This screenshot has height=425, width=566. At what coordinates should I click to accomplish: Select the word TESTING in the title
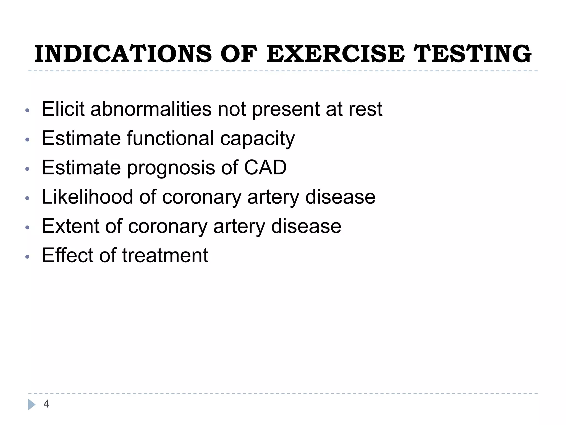(473, 54)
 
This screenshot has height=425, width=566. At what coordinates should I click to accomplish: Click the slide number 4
(46, 404)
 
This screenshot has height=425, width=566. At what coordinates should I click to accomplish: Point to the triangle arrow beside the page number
(32, 405)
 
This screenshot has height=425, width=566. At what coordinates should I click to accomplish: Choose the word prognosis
(171, 168)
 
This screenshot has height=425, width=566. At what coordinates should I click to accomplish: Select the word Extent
(70, 226)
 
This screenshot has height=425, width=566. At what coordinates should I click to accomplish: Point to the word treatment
(165, 256)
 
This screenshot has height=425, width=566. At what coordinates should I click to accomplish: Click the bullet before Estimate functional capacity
(27, 140)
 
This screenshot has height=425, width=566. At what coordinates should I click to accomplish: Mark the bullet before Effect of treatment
(27, 257)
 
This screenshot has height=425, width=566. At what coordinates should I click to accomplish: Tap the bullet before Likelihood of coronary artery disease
(27, 198)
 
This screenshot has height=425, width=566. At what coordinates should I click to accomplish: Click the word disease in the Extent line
(306, 226)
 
